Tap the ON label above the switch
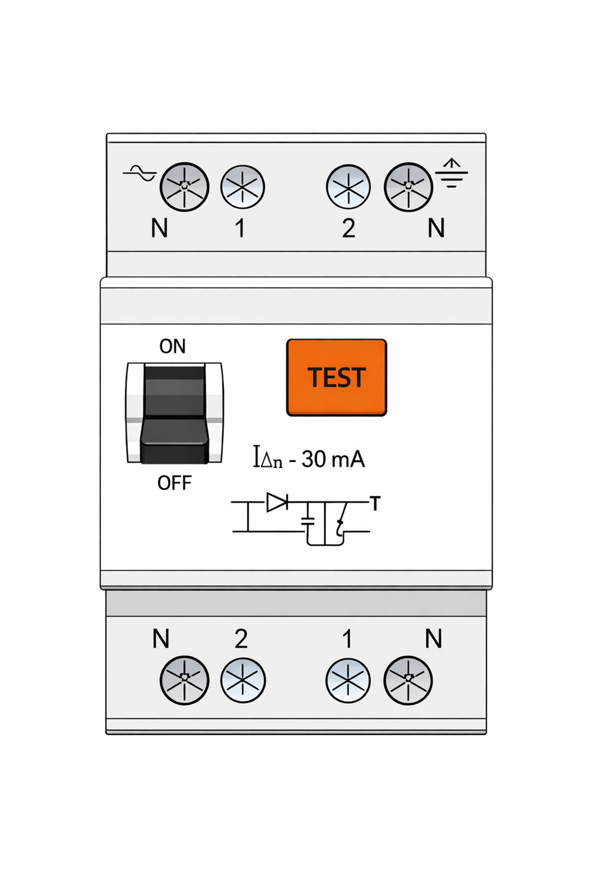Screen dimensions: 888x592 point(172,346)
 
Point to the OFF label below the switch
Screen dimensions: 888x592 point(174,483)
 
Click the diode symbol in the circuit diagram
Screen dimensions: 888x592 point(277,502)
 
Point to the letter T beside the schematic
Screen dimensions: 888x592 point(375,503)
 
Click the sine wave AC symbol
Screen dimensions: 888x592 point(140,173)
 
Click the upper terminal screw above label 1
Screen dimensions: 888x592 point(242,187)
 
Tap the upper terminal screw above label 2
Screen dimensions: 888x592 point(348,187)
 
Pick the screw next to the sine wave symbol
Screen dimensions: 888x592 point(184,187)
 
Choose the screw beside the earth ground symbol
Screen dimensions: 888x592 point(408,187)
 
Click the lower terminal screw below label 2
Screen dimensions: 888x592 point(243,680)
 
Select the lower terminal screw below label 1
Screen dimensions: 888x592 point(348,680)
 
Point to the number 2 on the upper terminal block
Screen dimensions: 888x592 point(348,228)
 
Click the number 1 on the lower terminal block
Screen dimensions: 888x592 point(347,639)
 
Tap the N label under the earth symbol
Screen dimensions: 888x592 point(436,228)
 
